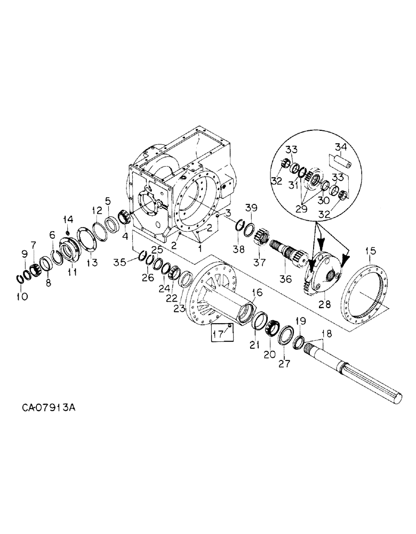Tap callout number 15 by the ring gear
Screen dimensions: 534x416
[370, 250]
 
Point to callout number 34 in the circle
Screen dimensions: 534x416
[340, 147]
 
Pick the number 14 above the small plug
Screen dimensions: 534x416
[68, 219]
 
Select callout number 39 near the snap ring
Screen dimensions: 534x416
[252, 207]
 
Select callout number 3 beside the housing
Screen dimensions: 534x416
[227, 214]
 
